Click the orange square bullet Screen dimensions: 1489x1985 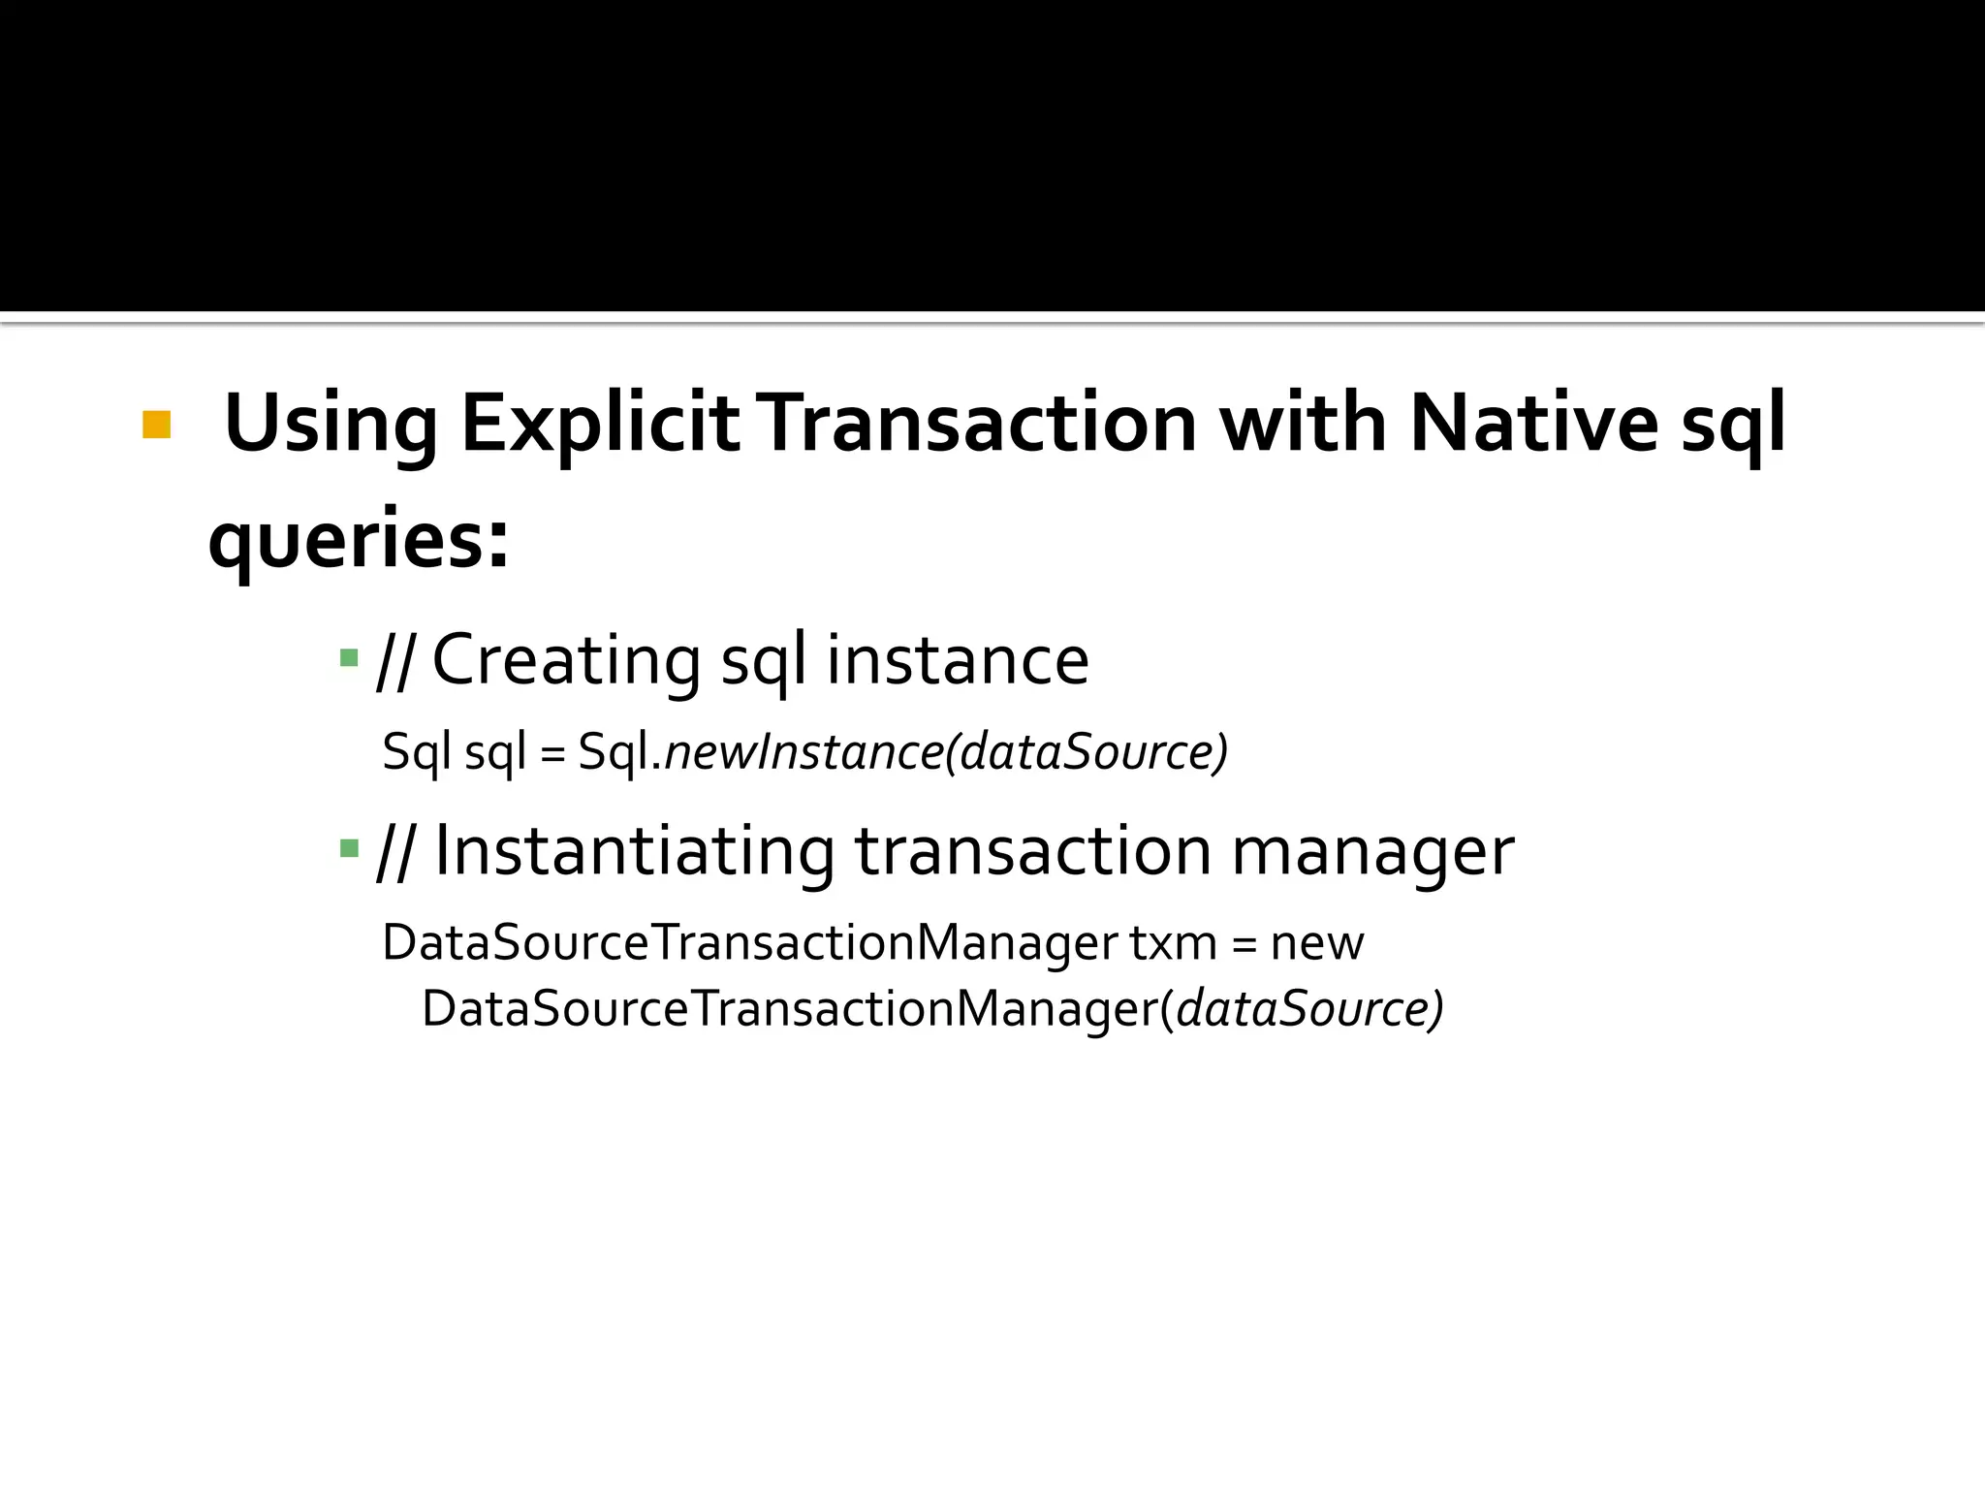tap(156, 425)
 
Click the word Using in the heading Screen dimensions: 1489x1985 tap(330, 425)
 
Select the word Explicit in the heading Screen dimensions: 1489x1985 tap(600, 425)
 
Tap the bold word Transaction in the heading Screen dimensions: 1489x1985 tap(980, 425)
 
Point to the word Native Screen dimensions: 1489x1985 tap(1533, 425)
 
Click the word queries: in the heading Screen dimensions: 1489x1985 tap(359, 540)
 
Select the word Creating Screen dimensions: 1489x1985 tap(566, 660)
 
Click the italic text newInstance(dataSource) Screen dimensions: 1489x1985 tap(946, 752)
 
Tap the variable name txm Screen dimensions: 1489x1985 tap(1173, 942)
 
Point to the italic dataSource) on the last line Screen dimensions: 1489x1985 tap(1309, 1009)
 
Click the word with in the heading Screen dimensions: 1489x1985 tap(1303, 425)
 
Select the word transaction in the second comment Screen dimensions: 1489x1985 tap(1033, 851)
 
